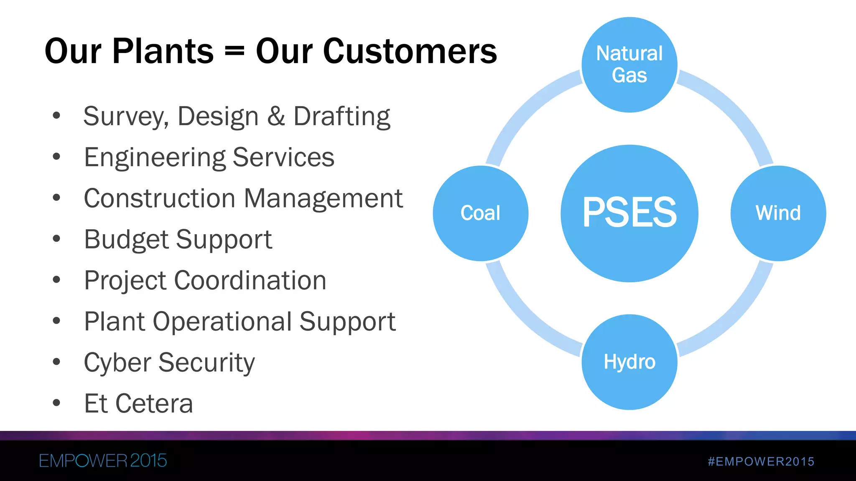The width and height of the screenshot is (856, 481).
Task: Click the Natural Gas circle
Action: [629, 65]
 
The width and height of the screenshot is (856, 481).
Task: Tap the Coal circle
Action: [481, 213]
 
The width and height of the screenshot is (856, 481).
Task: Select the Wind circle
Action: [778, 213]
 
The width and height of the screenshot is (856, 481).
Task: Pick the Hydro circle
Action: [629, 362]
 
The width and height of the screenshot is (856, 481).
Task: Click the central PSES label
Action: [629, 213]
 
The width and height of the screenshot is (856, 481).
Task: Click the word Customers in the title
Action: [376, 51]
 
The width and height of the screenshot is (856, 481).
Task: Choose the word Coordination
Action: [250, 280]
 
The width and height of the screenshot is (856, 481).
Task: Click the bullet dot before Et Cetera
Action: [56, 403]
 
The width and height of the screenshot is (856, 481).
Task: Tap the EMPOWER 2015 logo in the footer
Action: [103, 461]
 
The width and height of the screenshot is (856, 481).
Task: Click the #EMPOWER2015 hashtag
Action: [761, 461]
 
